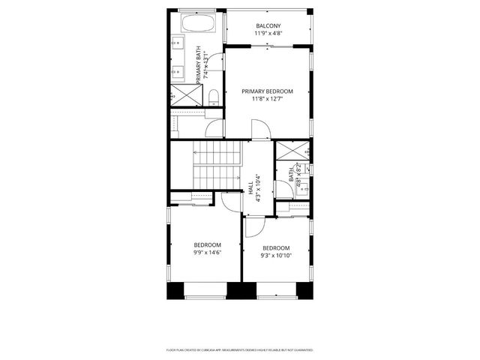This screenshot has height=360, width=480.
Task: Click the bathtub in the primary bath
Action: pos(198,23)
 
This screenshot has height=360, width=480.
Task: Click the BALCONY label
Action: pos(268,26)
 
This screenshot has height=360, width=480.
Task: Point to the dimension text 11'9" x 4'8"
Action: pos(268,34)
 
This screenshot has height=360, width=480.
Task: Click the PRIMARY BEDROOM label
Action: pos(267,91)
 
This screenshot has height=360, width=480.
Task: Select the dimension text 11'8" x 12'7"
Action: pos(267,98)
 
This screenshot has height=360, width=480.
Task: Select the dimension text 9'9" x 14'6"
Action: pos(208,253)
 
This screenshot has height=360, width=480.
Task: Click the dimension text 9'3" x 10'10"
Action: pos(276,256)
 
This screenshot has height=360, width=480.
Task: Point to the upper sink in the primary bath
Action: pos(178,45)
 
